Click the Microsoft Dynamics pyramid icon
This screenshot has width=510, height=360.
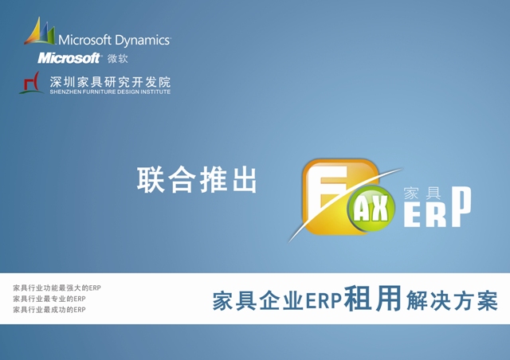tap(40, 31)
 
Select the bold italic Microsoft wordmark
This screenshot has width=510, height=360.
tap(69, 58)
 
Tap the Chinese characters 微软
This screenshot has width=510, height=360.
tap(117, 58)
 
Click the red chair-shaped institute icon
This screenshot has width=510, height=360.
tap(31, 83)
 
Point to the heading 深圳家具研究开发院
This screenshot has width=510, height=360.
tap(110, 82)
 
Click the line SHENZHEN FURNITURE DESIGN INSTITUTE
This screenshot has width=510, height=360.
tap(110, 92)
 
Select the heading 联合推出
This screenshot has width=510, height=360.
tap(197, 180)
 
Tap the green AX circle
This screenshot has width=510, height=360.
tap(371, 209)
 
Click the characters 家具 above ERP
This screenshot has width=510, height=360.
tap(422, 194)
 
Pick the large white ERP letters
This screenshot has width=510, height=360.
tap(437, 208)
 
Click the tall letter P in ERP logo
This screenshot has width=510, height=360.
tap(461, 207)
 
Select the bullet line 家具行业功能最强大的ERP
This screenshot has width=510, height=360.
tap(57, 288)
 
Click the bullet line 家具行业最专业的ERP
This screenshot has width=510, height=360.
tap(49, 299)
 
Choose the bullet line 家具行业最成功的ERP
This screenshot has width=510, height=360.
tap(49, 310)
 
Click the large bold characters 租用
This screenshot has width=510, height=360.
tap(373, 298)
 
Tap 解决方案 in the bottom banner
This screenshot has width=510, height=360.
tap(452, 300)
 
